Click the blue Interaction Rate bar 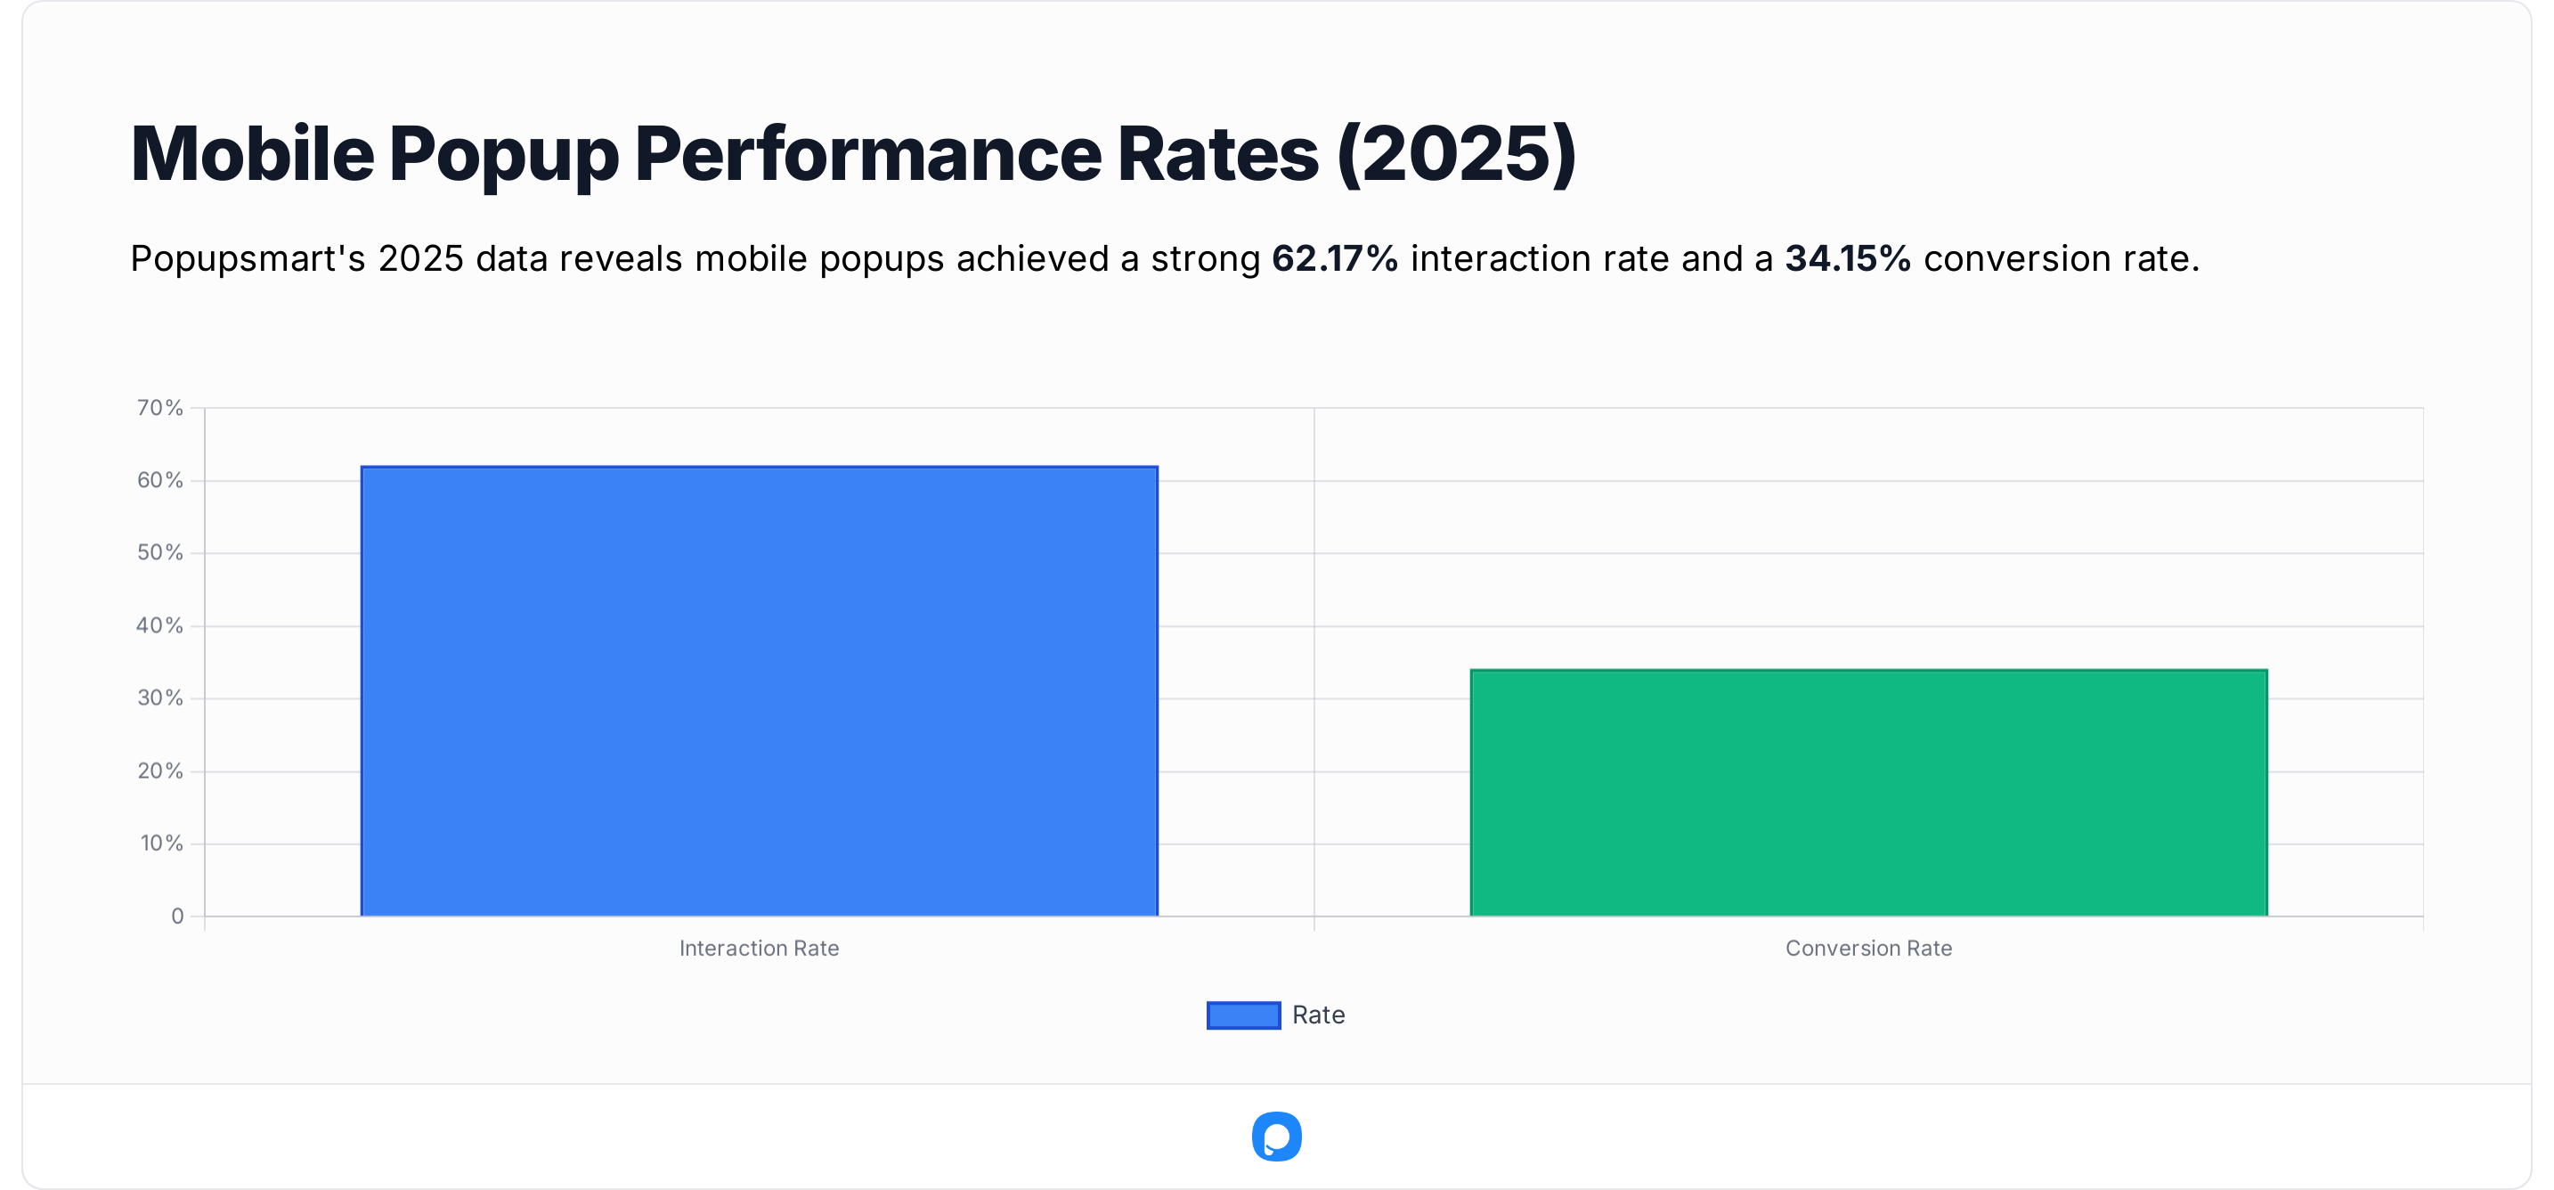pos(759,691)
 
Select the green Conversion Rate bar pos(1868,793)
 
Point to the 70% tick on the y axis pos(160,408)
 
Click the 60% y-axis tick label pos(160,480)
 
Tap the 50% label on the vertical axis pos(160,552)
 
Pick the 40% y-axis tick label pos(160,626)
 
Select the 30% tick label pos(160,698)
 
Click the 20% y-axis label pos(160,770)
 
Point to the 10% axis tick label pos(161,843)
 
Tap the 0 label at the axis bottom pos(177,917)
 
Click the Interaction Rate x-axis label pos(759,948)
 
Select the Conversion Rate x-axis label pos(1868,948)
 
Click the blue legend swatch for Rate pos(1243,1015)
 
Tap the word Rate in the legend pos(1318,1015)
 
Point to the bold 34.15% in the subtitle pos(1847,259)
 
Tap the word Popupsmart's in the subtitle pos(248,259)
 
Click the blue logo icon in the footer pos(1276,1137)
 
